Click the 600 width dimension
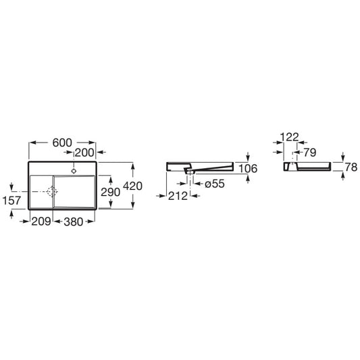coord(62,143)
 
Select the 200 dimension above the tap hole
coord(84,153)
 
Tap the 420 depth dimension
coord(132,186)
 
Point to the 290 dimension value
coord(111,192)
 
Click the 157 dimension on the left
coord(11,201)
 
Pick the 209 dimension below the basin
coord(41,222)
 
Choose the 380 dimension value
coord(74,222)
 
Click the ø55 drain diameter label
coord(215,184)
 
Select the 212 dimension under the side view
coord(178,196)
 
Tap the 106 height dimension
coord(248,169)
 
